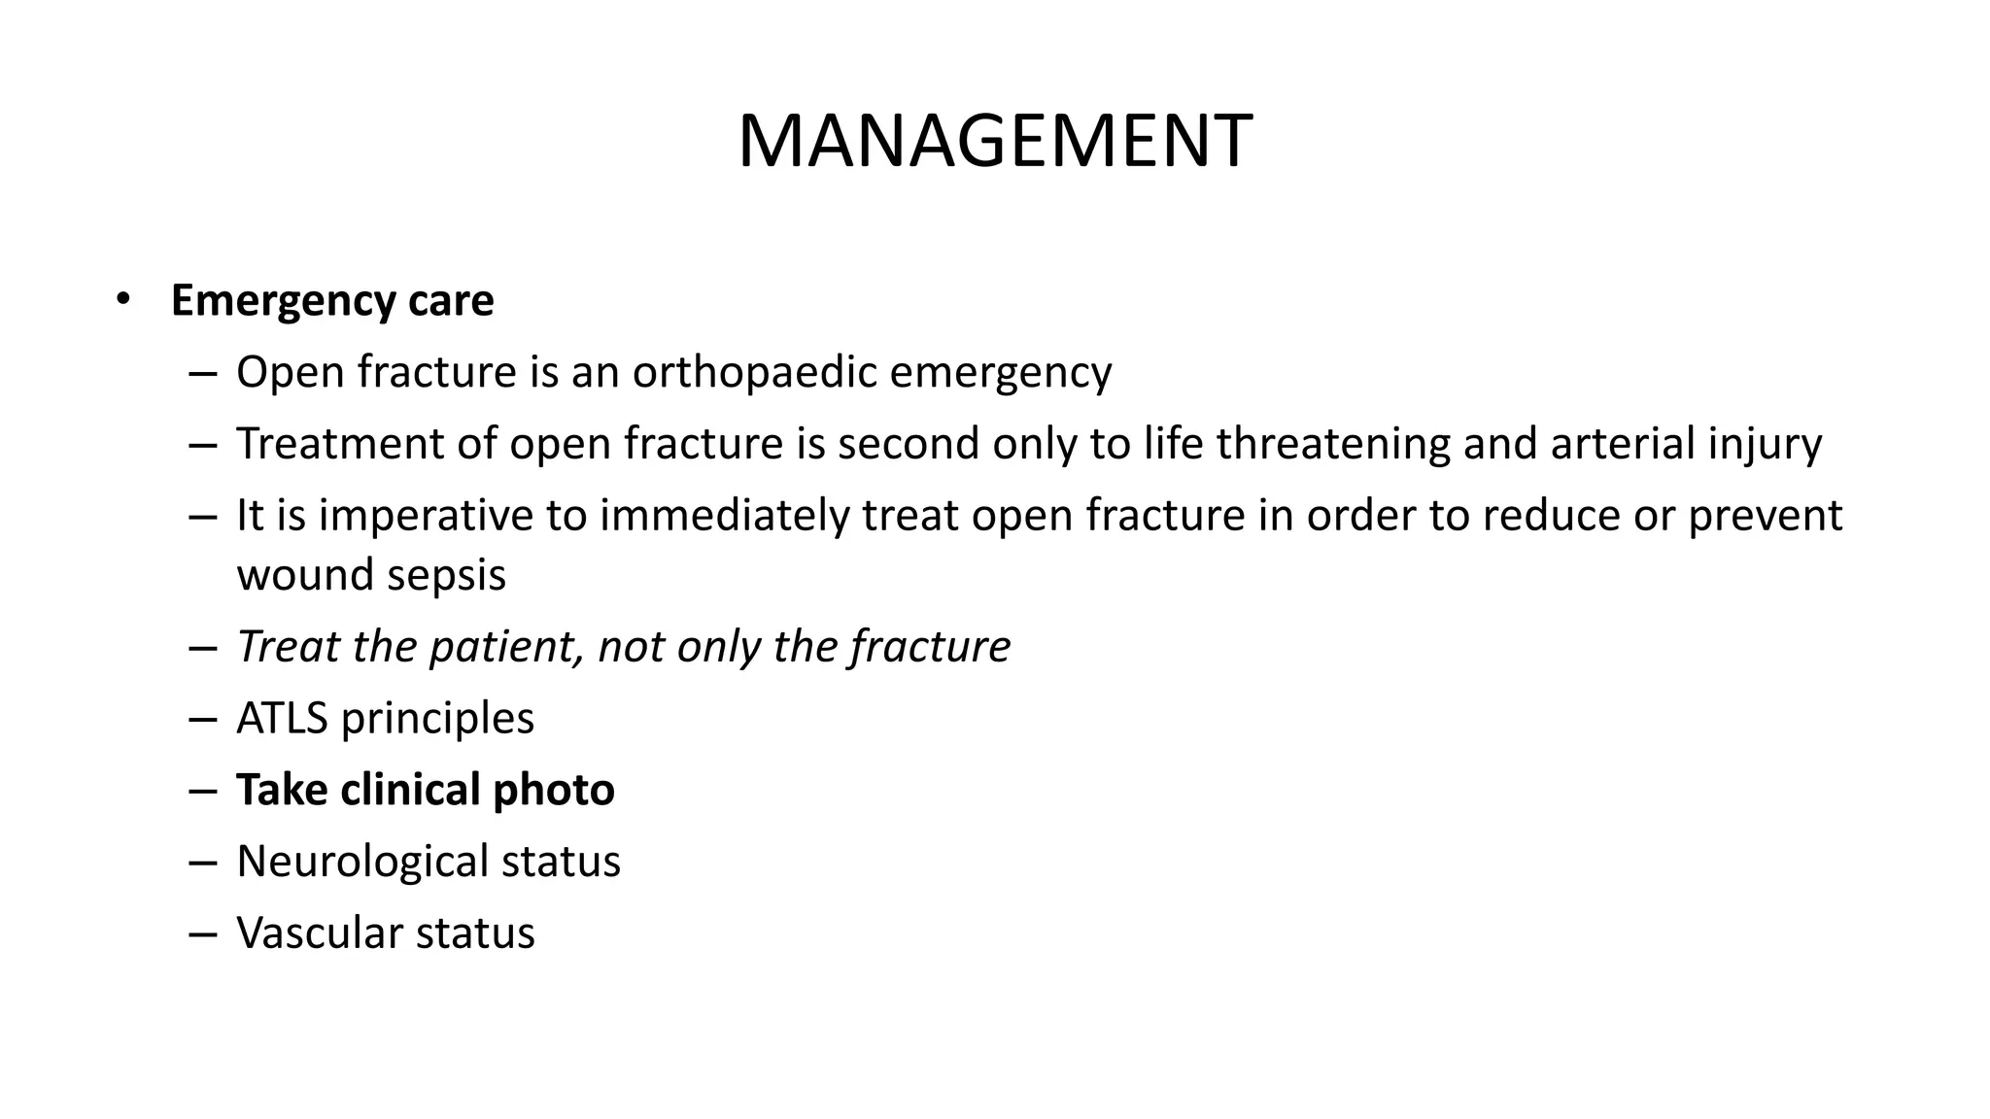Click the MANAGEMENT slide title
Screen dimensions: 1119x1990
(x=995, y=142)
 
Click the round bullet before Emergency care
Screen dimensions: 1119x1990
(x=121, y=299)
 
